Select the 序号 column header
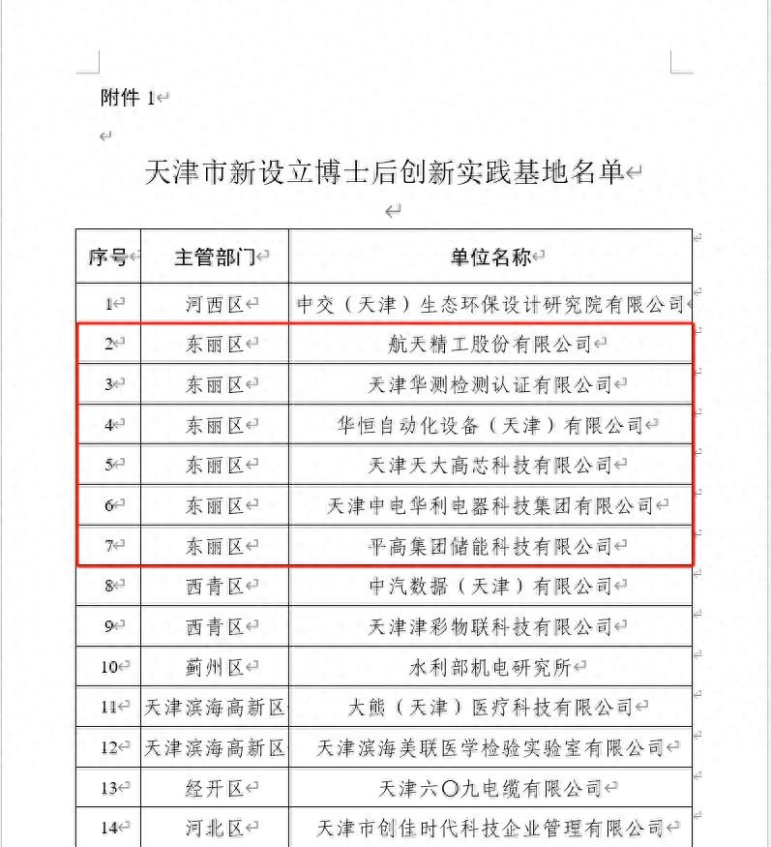coord(107,257)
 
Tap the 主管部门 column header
coord(214,257)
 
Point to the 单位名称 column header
coord(489,257)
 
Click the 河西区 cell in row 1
coord(215,304)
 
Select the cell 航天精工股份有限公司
coord(489,344)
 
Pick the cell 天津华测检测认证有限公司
coord(489,384)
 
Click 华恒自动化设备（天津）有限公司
coord(489,425)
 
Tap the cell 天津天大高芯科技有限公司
coord(489,466)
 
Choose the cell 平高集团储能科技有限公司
coord(489,546)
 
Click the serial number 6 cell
coord(109,505)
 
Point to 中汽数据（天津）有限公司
coord(489,586)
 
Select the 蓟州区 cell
coord(215,667)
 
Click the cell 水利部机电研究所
coord(489,667)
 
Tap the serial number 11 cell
coord(108,707)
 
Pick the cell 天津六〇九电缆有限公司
coord(489,788)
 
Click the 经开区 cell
coord(215,788)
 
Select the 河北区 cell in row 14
coord(215,828)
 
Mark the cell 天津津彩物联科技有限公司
coord(489,626)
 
